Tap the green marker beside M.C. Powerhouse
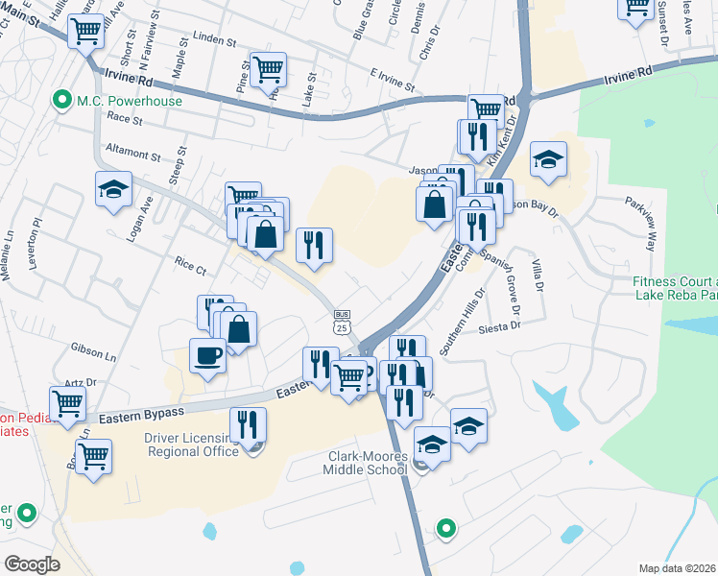(x=62, y=99)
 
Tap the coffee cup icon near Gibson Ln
(x=208, y=357)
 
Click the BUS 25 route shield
(x=342, y=322)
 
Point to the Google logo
(x=33, y=564)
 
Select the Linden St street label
(x=214, y=42)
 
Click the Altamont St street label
(x=133, y=154)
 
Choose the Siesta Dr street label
(x=502, y=325)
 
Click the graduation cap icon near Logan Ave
(x=113, y=188)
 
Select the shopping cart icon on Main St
(x=86, y=31)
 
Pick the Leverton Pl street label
(x=38, y=236)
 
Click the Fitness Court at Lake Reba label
(x=675, y=288)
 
